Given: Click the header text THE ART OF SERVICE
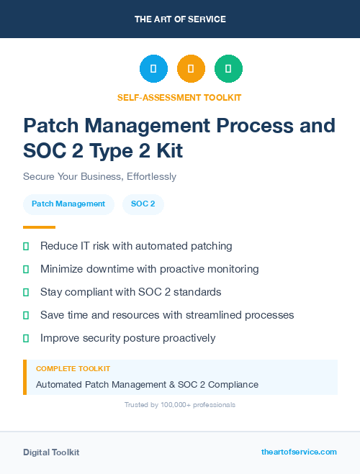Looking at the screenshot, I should point(180,19).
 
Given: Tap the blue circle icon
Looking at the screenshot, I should point(153,69).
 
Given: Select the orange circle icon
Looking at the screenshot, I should point(191,69).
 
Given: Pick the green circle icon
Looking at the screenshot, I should point(228,69).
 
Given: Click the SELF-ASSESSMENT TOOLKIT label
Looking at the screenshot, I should point(179,97).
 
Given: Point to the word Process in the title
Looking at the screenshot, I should point(254,125).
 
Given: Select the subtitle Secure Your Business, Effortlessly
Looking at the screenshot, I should point(99,176).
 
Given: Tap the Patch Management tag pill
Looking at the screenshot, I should point(68,204).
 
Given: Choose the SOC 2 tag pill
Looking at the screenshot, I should point(143,204).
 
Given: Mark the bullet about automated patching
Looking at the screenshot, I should point(136,246).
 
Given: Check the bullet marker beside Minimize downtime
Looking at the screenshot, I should point(26,269).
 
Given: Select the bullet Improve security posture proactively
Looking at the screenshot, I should point(127,338).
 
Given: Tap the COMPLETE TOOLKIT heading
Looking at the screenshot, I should point(73,368).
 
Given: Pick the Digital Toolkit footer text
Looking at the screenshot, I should point(51,452).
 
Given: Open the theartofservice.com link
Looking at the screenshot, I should point(299,452).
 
